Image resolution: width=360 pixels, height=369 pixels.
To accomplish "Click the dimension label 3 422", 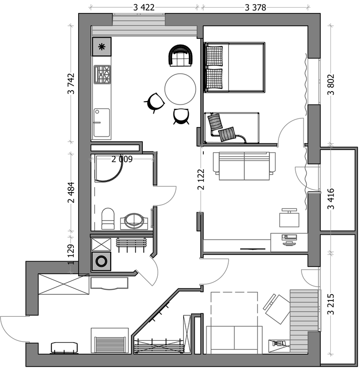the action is click(144, 8).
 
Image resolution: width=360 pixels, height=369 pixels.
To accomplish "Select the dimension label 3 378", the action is click(255, 8).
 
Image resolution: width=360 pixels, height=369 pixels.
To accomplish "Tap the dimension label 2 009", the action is click(122, 159).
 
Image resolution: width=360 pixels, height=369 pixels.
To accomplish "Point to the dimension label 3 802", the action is click(331, 84).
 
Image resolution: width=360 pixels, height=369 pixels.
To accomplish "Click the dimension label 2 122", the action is click(201, 179).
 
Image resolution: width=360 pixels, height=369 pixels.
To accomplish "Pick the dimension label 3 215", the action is click(331, 304).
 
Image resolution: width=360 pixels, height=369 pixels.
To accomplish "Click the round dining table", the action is click(180, 89).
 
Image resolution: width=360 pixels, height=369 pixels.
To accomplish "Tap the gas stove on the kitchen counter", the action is click(102, 74).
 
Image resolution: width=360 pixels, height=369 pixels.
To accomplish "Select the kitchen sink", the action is click(102, 123).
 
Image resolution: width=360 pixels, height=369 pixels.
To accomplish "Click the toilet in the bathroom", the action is click(108, 219).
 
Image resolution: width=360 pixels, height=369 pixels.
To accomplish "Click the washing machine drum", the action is click(102, 261).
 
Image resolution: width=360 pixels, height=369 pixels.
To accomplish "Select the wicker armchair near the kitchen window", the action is click(181, 56).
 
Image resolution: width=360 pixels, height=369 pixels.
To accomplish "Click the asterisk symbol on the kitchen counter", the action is click(102, 47).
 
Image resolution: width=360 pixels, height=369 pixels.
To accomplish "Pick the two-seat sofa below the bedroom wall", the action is click(244, 166).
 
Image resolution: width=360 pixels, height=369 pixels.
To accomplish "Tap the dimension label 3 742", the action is click(71, 83).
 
